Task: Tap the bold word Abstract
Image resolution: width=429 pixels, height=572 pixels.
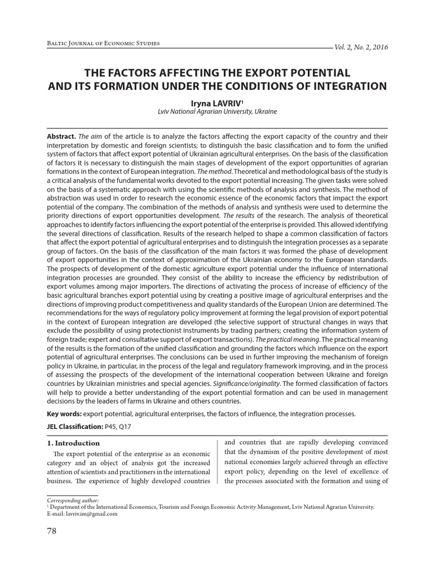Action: pyautogui.click(x=60, y=136)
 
